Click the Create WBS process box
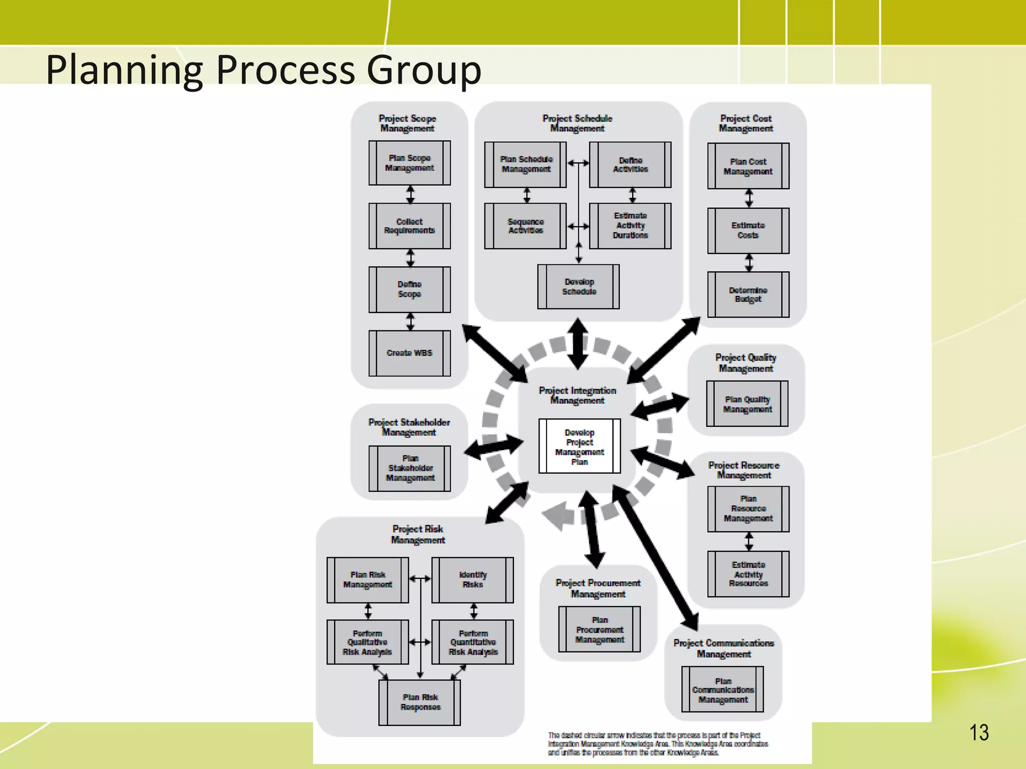[x=409, y=353]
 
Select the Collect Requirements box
[x=409, y=226]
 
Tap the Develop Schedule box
[x=579, y=287]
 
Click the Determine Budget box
[x=748, y=294]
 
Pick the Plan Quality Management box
[x=747, y=404]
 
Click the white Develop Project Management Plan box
[x=580, y=446]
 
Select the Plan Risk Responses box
[x=420, y=702]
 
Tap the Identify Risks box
[x=472, y=580]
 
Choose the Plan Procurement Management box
[x=599, y=629]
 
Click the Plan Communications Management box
[x=723, y=690]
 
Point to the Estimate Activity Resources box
[x=748, y=574]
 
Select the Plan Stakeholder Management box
[x=410, y=468]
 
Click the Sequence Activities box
[x=526, y=226]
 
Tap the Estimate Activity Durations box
[x=630, y=226]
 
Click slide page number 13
[x=979, y=733]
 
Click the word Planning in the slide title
[x=124, y=70]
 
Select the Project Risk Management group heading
[x=418, y=534]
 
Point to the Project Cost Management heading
[x=745, y=123]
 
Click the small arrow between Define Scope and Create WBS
[x=410, y=321]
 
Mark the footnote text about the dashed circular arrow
[x=657, y=743]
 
